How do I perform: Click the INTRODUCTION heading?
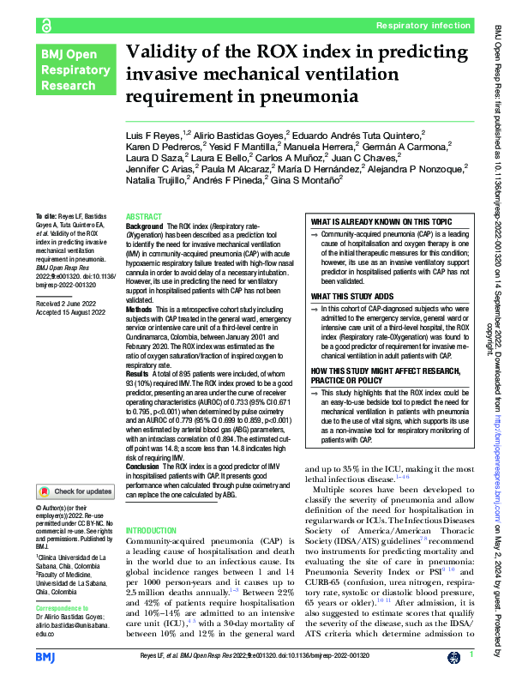point(151,532)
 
